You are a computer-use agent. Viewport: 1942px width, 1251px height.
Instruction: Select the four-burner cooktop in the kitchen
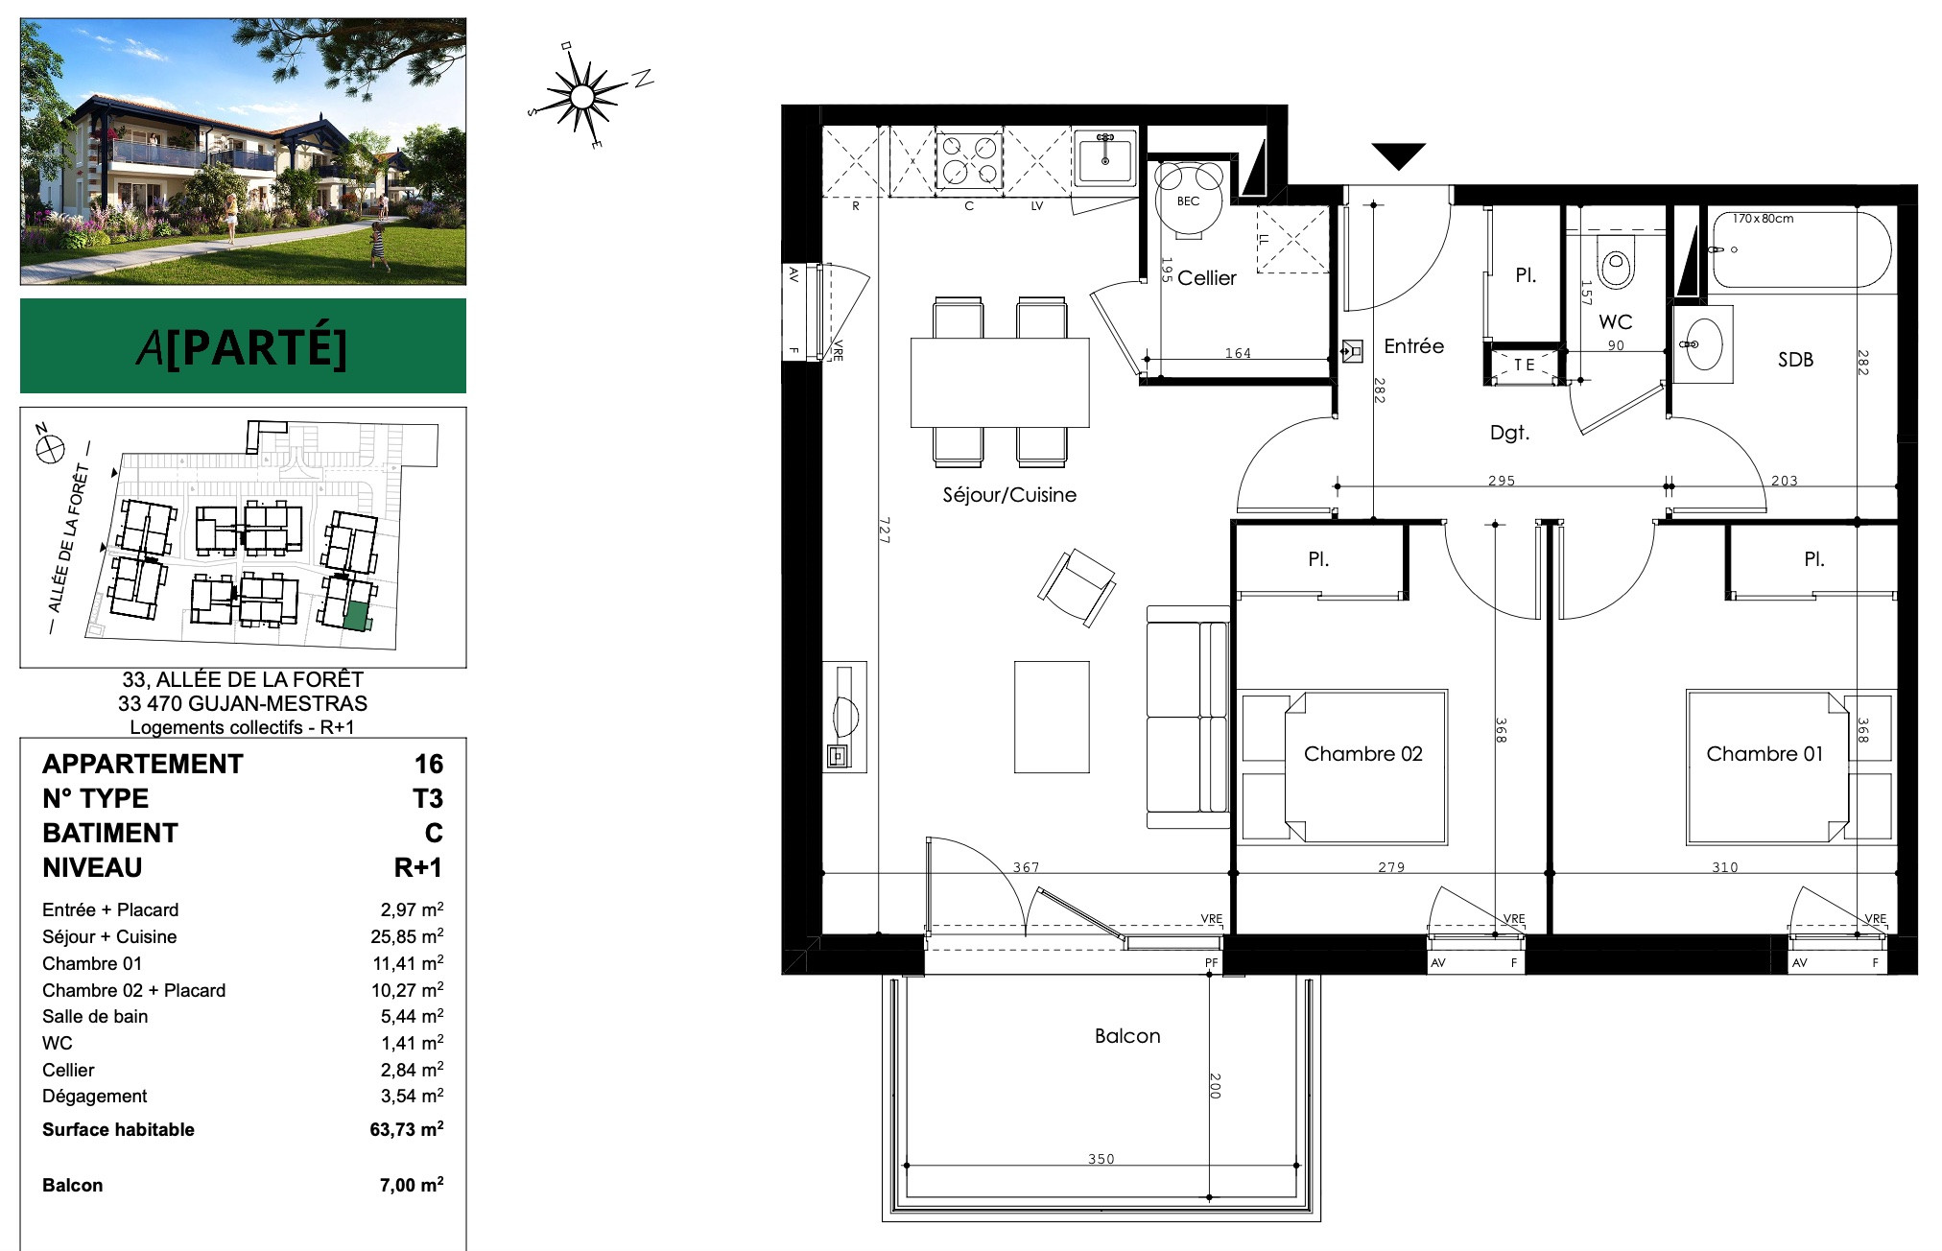coord(968,159)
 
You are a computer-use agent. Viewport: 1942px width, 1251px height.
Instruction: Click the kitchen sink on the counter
coord(1104,157)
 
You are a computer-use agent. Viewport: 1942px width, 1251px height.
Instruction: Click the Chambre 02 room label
coord(1362,754)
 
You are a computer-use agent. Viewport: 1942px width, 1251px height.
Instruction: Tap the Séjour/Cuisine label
coord(1009,495)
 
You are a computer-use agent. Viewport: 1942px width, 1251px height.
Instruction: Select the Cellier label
coord(1206,278)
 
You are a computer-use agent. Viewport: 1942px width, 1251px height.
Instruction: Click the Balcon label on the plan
coord(1127,1036)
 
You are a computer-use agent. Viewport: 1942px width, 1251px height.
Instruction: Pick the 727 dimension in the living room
coord(884,531)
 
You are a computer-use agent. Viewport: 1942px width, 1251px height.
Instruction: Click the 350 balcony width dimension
coord(1101,1159)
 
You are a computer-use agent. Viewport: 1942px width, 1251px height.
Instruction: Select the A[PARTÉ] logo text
coord(242,346)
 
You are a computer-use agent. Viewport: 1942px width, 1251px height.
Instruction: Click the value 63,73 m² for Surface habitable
coord(407,1129)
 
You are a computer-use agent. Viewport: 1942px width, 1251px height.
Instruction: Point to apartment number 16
coord(429,765)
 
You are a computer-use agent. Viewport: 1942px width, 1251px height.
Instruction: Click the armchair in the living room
coord(1077,588)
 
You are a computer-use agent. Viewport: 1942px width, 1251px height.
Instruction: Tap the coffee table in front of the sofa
coord(1052,716)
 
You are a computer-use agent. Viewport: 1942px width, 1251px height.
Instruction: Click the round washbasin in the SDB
coord(1703,343)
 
